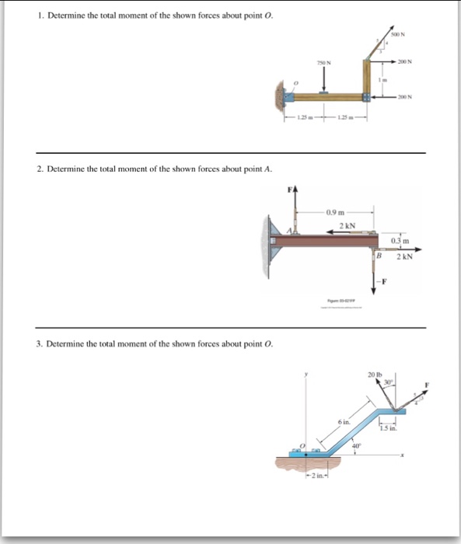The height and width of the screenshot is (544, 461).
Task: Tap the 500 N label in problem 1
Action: (x=396, y=34)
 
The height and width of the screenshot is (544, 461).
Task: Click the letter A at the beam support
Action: (x=290, y=232)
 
